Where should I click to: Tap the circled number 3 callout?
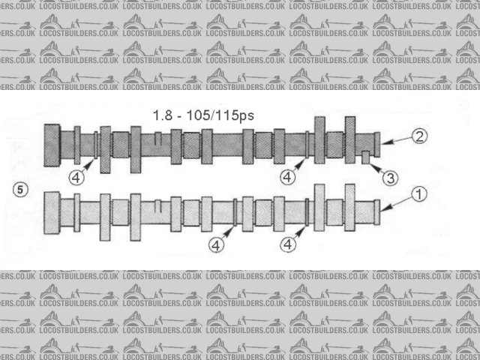click(x=389, y=178)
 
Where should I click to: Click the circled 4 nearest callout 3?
click(x=289, y=177)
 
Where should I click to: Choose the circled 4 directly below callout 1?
click(x=289, y=244)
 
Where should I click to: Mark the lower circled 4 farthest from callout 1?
click(x=216, y=244)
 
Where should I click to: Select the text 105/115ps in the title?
click(x=220, y=116)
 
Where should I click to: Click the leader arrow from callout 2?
click(x=395, y=139)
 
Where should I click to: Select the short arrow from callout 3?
click(x=376, y=169)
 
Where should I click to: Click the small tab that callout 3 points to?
click(x=365, y=157)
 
